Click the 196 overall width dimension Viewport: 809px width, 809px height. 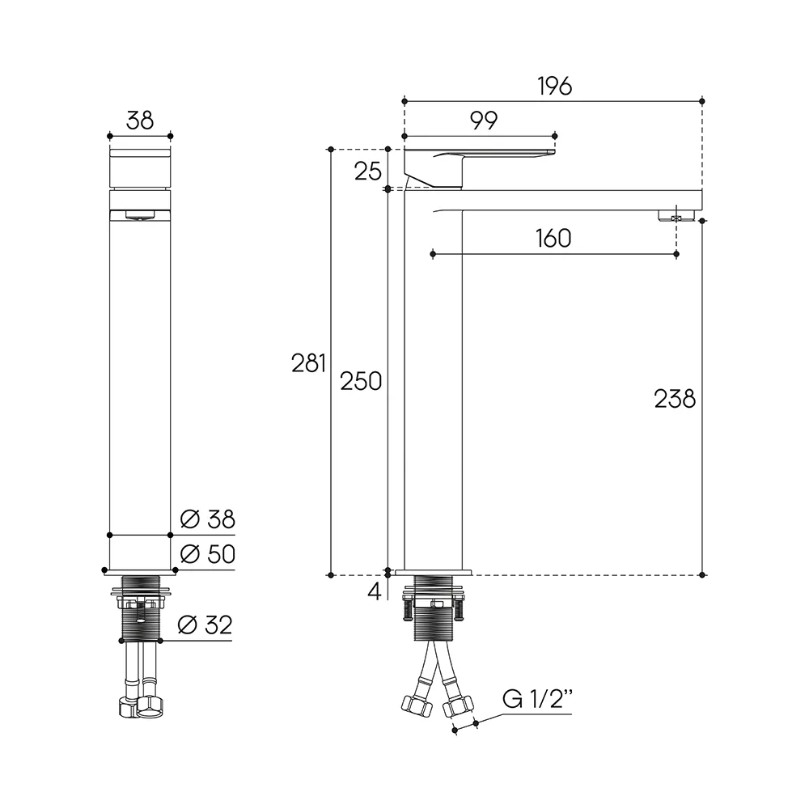click(x=555, y=87)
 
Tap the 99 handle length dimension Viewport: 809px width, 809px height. click(x=484, y=121)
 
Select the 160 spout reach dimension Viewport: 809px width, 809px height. click(x=553, y=239)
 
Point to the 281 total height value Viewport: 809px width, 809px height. click(x=308, y=363)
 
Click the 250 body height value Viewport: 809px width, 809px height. click(x=361, y=381)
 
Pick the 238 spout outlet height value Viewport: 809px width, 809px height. click(x=675, y=399)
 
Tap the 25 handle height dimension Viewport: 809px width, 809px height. click(x=367, y=172)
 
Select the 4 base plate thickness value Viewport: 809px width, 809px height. click(x=375, y=591)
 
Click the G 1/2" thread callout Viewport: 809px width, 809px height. click(x=537, y=700)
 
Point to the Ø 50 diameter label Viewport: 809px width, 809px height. click(x=207, y=554)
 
